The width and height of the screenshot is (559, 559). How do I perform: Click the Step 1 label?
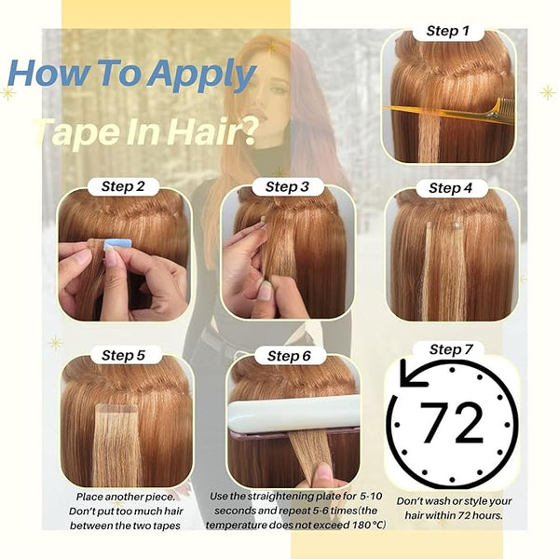(448, 31)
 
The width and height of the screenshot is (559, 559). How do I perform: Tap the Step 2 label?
(123, 186)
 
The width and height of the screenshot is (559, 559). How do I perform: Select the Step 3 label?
(287, 187)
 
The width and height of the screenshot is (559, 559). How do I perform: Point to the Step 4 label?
(451, 188)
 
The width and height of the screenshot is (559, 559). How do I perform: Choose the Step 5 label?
(123, 355)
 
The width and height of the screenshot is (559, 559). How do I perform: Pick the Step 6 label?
(289, 356)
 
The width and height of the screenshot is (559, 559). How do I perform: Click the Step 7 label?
(451, 349)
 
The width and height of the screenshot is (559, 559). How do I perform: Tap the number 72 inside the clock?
(451, 423)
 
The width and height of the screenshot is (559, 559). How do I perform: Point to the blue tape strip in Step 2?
(117, 244)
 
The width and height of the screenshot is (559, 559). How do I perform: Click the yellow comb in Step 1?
(450, 110)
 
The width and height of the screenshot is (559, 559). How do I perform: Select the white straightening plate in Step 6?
(293, 413)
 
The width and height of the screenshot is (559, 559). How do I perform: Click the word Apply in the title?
(202, 74)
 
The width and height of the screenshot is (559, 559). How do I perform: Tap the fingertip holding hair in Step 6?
(324, 472)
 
